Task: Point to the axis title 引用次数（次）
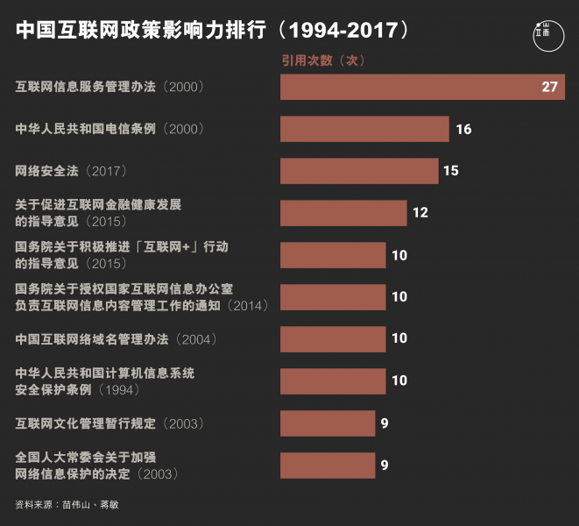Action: (x=322, y=60)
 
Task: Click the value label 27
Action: (x=549, y=87)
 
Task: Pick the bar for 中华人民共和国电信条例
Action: (x=364, y=129)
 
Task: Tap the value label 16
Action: (x=463, y=129)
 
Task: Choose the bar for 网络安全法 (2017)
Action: (x=359, y=171)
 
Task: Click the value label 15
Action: (x=450, y=171)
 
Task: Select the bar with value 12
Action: (x=343, y=213)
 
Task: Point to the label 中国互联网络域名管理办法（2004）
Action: (x=116, y=338)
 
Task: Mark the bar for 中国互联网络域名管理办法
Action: (x=333, y=338)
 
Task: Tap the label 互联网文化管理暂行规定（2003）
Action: (x=109, y=423)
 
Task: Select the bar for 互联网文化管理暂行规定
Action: (x=328, y=423)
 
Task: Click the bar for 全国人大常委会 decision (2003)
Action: (x=328, y=466)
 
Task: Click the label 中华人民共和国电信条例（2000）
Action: (x=109, y=129)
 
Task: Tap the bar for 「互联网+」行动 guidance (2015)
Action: (x=333, y=255)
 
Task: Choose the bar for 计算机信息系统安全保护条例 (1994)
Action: (x=333, y=381)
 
